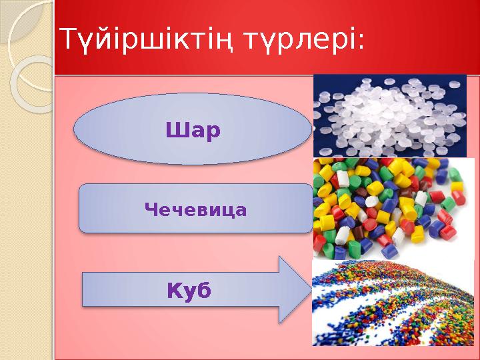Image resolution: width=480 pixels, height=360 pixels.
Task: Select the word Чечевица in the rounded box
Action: (195, 211)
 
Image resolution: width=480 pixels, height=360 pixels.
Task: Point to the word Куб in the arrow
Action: (188, 291)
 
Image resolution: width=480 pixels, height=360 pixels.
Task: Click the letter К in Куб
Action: (173, 291)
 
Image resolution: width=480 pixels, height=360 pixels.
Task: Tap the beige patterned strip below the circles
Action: (27, 233)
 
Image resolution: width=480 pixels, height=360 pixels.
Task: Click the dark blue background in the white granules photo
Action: (327, 143)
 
